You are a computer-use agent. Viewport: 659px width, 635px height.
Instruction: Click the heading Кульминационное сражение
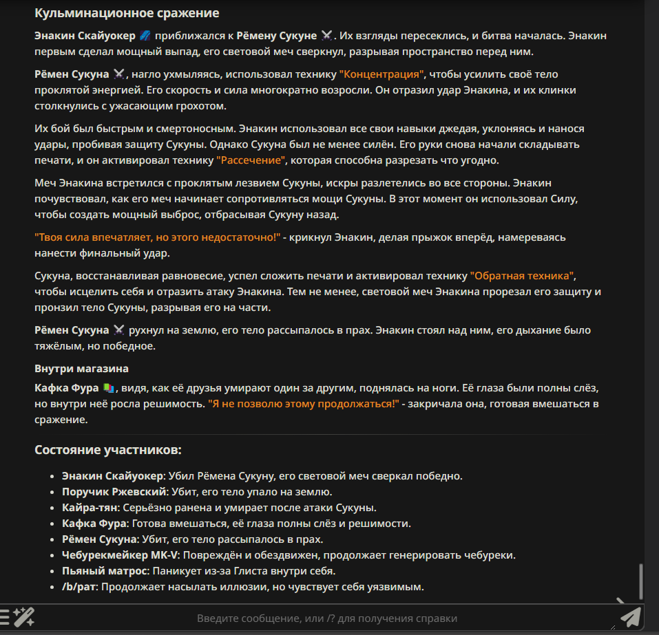pyautogui.click(x=127, y=13)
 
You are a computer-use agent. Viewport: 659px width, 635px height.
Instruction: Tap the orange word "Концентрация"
pyautogui.click(x=383, y=74)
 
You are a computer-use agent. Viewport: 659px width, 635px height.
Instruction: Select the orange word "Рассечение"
pyautogui.click(x=251, y=160)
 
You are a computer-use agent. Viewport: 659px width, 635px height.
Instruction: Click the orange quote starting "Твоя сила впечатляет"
pyautogui.click(x=158, y=237)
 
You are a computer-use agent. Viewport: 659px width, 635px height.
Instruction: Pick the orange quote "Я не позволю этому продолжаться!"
pyautogui.click(x=304, y=404)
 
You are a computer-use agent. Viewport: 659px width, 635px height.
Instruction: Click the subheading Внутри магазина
pyautogui.click(x=82, y=369)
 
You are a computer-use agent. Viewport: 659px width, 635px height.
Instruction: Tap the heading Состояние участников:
pyautogui.click(x=108, y=450)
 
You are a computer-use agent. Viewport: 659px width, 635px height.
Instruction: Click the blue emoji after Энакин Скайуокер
pyautogui.click(x=145, y=35)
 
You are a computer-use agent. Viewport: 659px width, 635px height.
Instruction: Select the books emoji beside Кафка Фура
pyautogui.click(x=109, y=388)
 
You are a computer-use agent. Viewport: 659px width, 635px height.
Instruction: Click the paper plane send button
pyautogui.click(x=630, y=617)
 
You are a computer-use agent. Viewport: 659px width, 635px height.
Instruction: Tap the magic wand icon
pyautogui.click(x=25, y=617)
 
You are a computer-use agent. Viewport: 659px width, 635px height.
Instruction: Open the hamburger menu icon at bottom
pyautogui.click(x=5, y=617)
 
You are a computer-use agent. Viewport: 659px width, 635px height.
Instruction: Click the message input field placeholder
pyautogui.click(x=327, y=618)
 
